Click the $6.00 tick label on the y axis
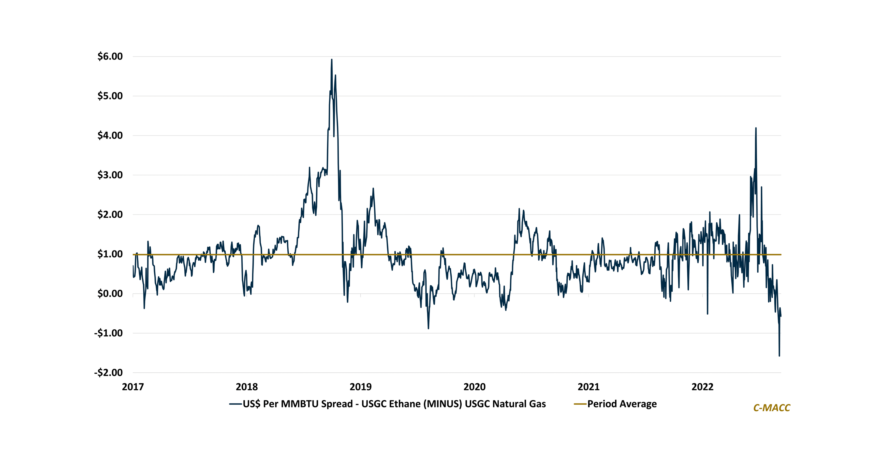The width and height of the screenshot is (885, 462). pyautogui.click(x=110, y=56)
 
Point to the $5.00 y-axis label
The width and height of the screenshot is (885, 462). pyautogui.click(x=110, y=96)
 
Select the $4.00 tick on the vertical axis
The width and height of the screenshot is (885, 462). pyautogui.click(x=110, y=135)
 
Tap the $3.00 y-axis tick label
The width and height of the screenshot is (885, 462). pyautogui.click(x=110, y=175)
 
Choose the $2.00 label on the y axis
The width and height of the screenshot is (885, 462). pyautogui.click(x=110, y=214)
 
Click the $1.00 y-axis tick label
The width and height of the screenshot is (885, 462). pyautogui.click(x=110, y=254)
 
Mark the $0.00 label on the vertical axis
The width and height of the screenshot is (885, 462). pyautogui.click(x=110, y=294)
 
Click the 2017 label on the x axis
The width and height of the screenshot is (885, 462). pyautogui.click(x=133, y=387)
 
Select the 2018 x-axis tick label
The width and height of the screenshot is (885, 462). pyautogui.click(x=247, y=387)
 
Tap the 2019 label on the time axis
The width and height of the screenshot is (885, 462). pyautogui.click(x=360, y=387)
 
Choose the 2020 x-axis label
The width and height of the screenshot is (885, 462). pyautogui.click(x=474, y=387)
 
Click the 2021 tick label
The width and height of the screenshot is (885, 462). pyautogui.click(x=589, y=387)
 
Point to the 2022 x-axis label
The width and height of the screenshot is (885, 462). pyautogui.click(x=702, y=387)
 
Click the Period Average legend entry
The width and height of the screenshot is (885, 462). pyautogui.click(x=622, y=404)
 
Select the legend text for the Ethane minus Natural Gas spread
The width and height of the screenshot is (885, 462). pyautogui.click(x=394, y=404)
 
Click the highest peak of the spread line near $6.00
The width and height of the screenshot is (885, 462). pyautogui.click(x=332, y=60)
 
